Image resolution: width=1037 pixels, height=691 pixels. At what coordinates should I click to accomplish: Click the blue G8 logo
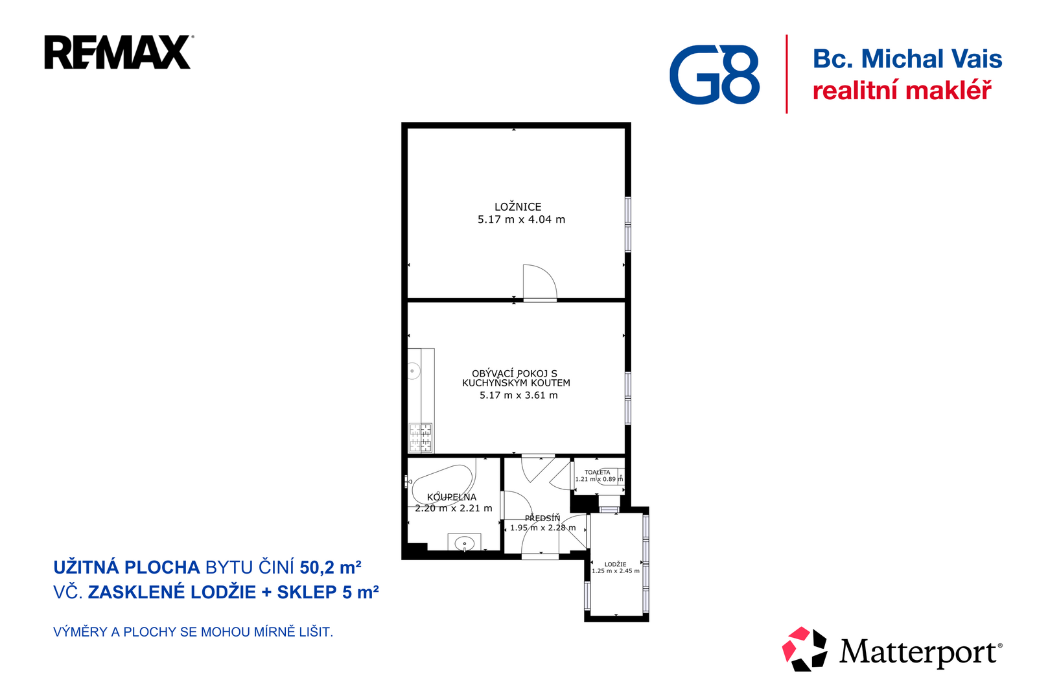point(714,75)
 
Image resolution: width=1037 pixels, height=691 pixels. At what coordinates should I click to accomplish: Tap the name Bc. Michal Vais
point(907,59)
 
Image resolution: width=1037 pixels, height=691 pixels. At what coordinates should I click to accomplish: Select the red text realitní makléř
point(902,90)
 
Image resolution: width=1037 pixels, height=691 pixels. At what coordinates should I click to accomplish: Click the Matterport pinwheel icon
point(804,649)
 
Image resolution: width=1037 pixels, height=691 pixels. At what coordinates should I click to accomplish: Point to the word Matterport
point(921,652)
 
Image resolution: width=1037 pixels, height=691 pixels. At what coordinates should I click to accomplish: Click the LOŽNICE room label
point(518,207)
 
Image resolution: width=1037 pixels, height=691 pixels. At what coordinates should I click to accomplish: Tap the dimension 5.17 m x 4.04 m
point(521,220)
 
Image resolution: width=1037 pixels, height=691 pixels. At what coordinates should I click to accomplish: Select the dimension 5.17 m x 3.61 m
point(518,395)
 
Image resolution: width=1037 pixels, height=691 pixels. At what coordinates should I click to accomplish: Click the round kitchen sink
point(412,371)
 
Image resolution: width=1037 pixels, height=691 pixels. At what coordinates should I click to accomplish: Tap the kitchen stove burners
point(421,437)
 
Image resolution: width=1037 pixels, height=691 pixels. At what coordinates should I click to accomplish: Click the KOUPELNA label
point(451,497)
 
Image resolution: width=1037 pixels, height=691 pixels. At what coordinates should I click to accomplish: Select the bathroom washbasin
point(464,543)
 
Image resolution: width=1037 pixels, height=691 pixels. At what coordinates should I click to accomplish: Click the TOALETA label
point(597,473)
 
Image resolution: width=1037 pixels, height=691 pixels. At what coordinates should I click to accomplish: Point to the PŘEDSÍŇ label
point(542,519)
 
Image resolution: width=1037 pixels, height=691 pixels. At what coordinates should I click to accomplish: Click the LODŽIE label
point(615,564)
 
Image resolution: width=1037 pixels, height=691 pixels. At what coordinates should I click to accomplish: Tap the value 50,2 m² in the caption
point(331,567)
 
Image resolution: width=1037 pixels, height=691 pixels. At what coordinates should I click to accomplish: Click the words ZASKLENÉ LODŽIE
point(172,592)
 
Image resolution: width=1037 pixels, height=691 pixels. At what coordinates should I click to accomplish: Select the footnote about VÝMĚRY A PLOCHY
point(193,632)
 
